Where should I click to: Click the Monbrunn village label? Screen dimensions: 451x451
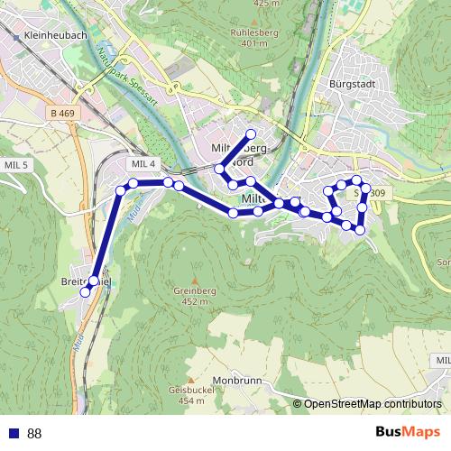[x=237, y=380]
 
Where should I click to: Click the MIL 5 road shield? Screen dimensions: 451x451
[x=16, y=165]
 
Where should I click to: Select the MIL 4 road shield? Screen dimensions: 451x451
[x=143, y=163]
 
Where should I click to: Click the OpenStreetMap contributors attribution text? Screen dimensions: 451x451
[x=373, y=403]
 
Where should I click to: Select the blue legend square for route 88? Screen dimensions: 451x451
[x=13, y=433]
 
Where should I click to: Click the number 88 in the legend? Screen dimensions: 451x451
[x=34, y=433]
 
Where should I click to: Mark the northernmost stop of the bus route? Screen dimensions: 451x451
[x=251, y=134]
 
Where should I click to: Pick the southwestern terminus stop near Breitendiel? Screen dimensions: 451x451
[x=86, y=292]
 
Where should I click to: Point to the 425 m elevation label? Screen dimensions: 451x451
[x=267, y=4]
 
